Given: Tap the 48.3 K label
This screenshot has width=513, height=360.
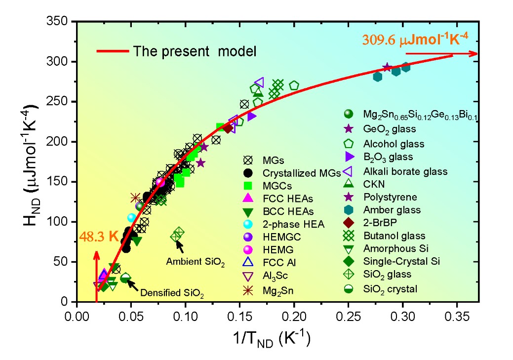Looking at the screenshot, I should [99, 236].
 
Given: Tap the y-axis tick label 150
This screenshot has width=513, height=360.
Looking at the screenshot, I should [58, 182].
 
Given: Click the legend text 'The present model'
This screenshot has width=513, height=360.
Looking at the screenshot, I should [197, 51].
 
